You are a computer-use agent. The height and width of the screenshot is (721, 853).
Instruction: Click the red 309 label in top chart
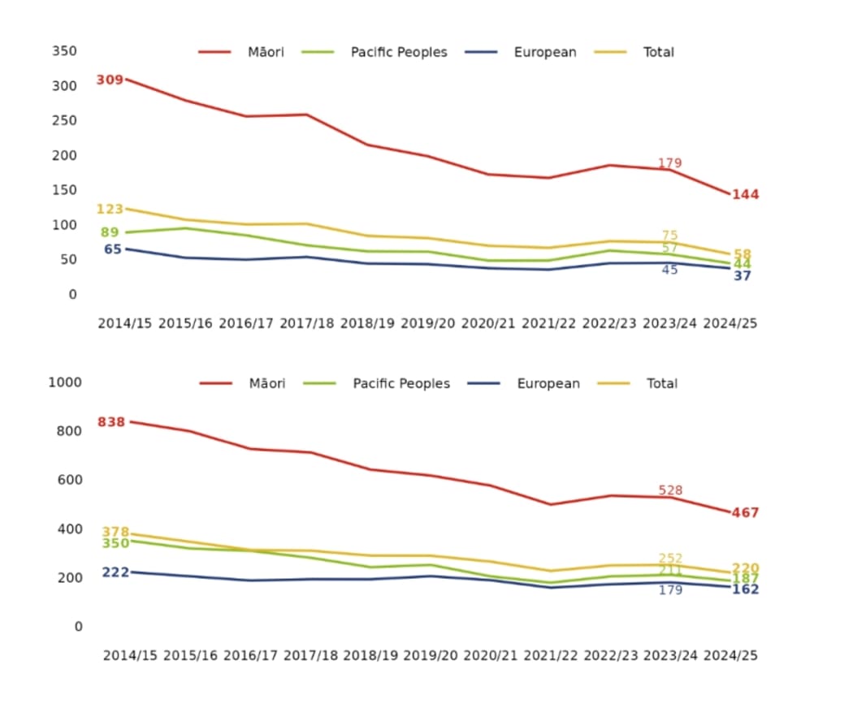pos(110,80)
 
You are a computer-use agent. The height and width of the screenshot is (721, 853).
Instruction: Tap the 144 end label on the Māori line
pos(745,195)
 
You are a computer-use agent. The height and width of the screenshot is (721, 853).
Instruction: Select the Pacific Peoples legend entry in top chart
pos(398,52)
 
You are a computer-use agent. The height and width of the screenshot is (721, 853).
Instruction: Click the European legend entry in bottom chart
pos(548,383)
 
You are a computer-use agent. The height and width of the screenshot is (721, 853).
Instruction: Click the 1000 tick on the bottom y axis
pos(66,382)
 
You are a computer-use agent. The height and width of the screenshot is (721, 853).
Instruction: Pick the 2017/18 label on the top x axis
pos(307,322)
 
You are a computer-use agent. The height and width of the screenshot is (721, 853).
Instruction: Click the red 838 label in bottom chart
pos(111,422)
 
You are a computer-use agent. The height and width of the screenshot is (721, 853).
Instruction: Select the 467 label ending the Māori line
pos(745,513)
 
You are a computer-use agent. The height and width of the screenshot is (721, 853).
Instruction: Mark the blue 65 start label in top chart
pos(113,249)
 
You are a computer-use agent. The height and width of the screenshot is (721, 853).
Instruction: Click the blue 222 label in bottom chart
pos(115,572)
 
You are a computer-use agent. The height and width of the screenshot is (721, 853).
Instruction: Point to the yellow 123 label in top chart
pos(110,209)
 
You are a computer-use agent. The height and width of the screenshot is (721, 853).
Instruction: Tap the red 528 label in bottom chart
pos(670,490)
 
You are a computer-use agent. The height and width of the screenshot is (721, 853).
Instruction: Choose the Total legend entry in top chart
pos(658,52)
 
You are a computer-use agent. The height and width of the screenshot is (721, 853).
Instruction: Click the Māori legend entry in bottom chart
pos(266,383)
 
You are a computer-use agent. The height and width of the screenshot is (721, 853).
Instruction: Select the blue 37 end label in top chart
pos(743,276)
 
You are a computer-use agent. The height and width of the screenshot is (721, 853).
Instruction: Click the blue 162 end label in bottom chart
pos(745,589)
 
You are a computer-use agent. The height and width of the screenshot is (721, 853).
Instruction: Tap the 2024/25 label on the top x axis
pos(730,322)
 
